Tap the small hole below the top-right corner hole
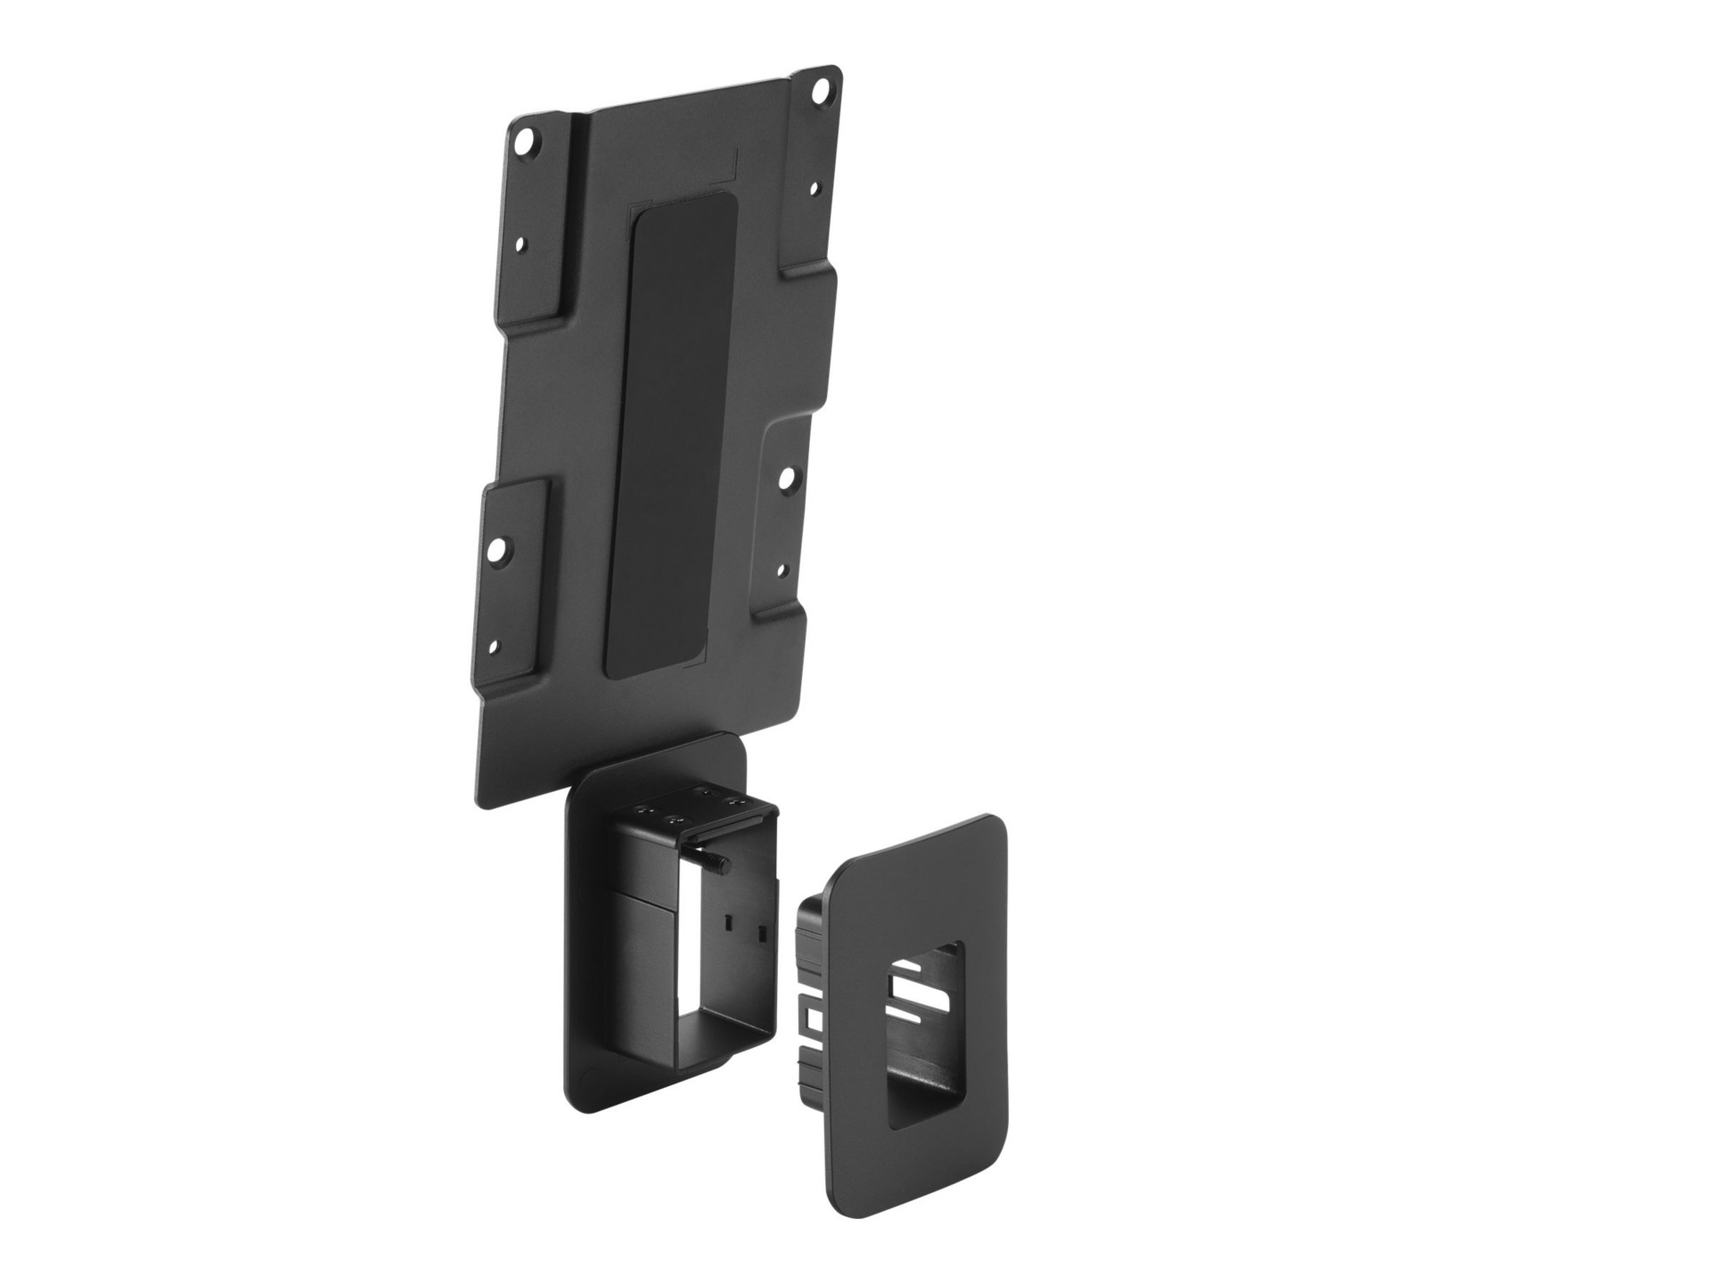coord(815,190)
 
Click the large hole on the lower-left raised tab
coord(500,551)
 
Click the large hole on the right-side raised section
coord(786,478)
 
